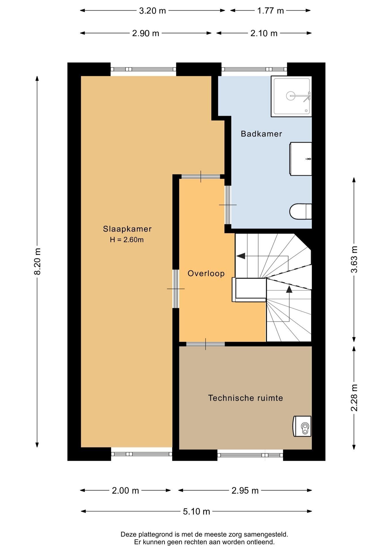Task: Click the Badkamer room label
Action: coord(261,134)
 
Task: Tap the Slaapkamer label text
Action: coord(127,229)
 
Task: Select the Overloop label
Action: coord(206,273)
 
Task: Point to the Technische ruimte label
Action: coord(246,398)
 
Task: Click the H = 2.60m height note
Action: coord(127,240)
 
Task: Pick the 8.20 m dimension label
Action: coord(37,261)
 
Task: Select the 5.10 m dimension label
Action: coord(197,512)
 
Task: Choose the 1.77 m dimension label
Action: coord(270,11)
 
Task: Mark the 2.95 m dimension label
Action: coord(245,490)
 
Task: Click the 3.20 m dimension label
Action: coord(153,11)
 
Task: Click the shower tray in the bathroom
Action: coord(291,96)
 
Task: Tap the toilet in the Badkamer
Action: coord(301,212)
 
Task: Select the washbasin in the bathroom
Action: coord(301,159)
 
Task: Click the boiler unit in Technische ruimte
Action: coord(302,426)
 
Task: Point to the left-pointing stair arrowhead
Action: coord(241,256)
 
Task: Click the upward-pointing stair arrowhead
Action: coord(289,289)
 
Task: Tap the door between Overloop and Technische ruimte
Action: coord(205,344)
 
